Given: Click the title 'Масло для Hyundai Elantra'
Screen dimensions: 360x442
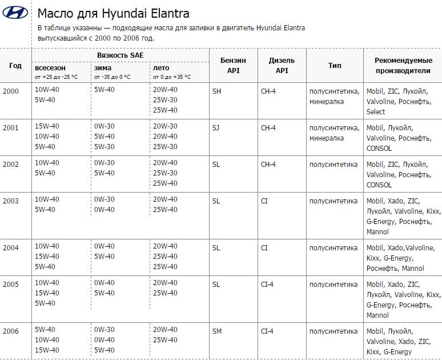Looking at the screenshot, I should (113, 13).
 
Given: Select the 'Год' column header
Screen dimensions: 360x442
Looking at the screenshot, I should (15, 65).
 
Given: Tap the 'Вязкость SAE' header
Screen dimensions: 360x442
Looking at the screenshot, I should (120, 55).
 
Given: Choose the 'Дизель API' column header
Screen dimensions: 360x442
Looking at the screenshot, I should (282, 65).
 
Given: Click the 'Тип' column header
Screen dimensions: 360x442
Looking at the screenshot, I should (335, 65).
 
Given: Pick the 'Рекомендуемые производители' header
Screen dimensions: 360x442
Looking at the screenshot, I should (403, 65).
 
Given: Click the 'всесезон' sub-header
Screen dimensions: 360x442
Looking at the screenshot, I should (50, 67).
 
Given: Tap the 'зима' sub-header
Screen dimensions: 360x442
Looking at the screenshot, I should (103, 67).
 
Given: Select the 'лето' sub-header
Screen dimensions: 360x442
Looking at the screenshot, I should (161, 67).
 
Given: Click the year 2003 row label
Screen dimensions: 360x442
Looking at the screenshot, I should (11, 201).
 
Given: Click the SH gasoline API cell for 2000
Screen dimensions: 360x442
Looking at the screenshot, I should (216, 91).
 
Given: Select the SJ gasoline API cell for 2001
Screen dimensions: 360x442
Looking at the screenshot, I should (216, 127).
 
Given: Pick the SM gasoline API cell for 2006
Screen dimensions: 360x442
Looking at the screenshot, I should (216, 330).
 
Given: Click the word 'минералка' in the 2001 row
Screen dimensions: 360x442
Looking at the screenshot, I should (327, 138).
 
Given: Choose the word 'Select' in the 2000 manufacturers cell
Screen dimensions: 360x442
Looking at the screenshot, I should (376, 111).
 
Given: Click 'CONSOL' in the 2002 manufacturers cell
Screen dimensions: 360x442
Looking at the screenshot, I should (379, 185).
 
